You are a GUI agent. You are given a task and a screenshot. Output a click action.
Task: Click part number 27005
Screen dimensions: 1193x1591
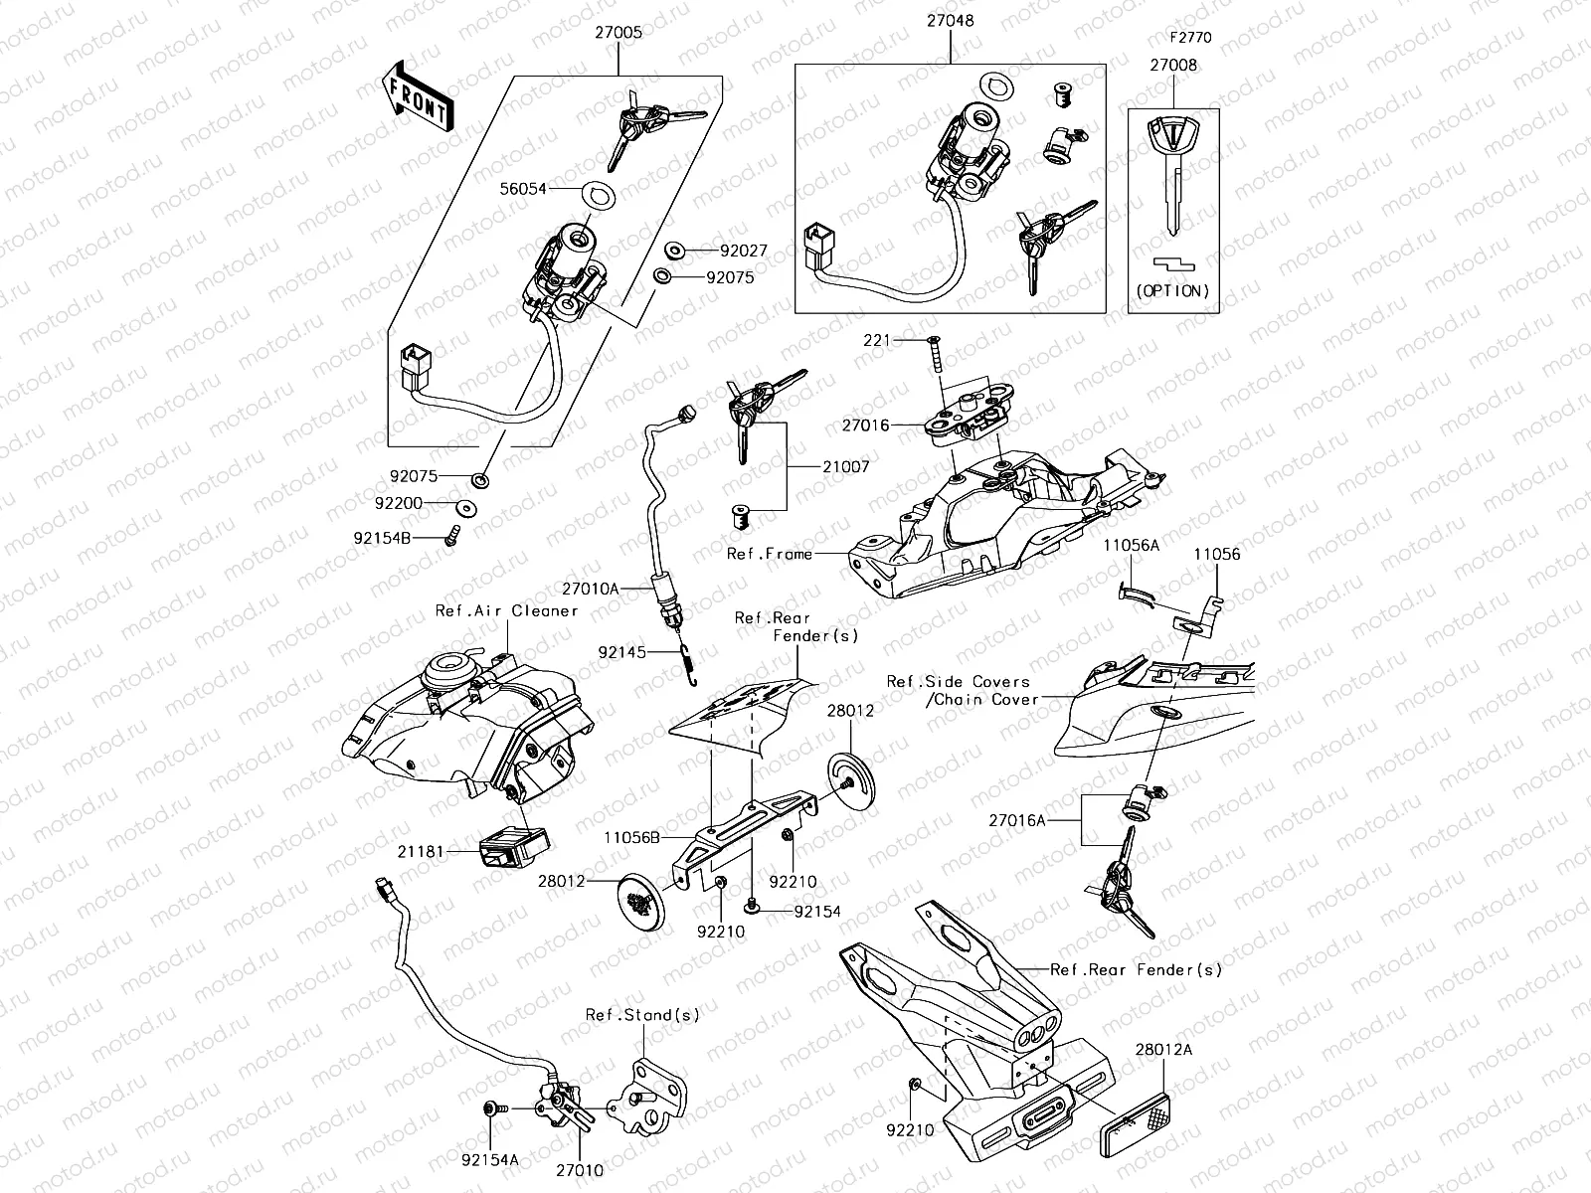pyautogui.click(x=619, y=32)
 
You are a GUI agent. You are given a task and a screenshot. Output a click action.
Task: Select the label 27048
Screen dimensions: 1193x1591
pyautogui.click(x=950, y=20)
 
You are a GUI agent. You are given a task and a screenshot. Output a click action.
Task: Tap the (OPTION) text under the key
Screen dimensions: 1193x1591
pyautogui.click(x=1173, y=291)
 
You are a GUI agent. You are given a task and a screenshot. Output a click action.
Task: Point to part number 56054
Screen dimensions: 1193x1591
pyautogui.click(x=552, y=187)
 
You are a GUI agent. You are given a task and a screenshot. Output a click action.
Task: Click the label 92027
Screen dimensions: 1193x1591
pyautogui.click(x=744, y=252)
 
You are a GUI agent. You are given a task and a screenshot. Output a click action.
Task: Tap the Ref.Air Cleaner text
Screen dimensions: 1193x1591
pyautogui.click(x=506, y=610)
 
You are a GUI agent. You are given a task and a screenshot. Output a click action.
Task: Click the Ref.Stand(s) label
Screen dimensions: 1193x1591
pyautogui.click(x=641, y=1015)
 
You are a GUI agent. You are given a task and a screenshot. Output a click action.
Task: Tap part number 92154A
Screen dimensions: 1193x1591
pyautogui.click(x=488, y=1158)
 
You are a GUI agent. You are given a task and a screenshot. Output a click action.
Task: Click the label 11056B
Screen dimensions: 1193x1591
pyautogui.click(x=632, y=838)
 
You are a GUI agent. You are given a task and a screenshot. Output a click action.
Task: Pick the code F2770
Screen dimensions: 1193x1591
pyautogui.click(x=1189, y=38)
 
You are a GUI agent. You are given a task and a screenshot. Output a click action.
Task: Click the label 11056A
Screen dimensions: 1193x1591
pyautogui.click(x=1131, y=545)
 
